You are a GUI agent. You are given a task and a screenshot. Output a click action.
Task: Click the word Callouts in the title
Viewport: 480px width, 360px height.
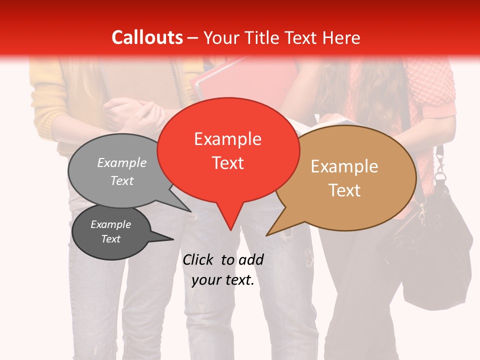147,37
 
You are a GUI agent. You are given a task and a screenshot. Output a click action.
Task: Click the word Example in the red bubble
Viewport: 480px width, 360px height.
227,139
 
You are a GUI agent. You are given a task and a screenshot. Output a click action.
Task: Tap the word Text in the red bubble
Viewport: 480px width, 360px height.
227,163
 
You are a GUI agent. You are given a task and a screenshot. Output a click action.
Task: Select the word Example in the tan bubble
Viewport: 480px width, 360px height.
344,166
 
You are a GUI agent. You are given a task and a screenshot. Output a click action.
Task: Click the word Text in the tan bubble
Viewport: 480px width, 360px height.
344,190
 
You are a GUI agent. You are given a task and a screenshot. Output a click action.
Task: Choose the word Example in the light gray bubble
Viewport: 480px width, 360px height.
122,162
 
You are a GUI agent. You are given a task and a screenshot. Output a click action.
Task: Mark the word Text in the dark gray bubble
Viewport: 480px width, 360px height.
111,239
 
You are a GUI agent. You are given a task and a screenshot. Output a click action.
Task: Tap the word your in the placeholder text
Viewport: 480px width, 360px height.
206,280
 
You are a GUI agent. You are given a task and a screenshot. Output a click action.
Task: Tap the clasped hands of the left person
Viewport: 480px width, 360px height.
135,112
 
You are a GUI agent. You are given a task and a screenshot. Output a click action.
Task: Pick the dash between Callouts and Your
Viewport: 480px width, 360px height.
193,37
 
